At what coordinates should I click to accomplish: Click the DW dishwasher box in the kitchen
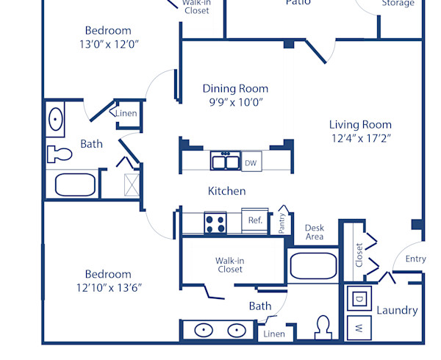(x=251, y=163)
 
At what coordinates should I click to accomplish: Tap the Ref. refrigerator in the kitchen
(x=255, y=220)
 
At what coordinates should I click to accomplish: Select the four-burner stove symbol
(x=216, y=223)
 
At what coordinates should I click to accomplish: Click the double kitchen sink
(x=224, y=162)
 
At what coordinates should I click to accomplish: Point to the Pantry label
(x=282, y=223)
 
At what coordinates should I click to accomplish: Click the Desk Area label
(x=315, y=232)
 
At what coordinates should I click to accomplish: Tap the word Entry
(x=415, y=259)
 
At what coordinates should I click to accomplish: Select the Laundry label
(x=397, y=311)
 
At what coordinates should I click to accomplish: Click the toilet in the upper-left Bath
(x=58, y=155)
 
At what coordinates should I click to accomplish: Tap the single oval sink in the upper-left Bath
(x=56, y=119)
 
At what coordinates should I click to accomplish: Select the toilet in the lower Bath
(x=323, y=328)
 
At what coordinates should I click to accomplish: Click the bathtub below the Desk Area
(x=313, y=266)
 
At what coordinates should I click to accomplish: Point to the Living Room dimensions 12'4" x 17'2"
(x=360, y=138)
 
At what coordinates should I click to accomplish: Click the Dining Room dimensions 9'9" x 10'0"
(x=235, y=103)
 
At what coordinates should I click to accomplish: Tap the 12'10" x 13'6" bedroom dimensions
(x=108, y=287)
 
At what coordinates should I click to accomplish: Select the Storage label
(x=397, y=4)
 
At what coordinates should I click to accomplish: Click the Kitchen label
(x=227, y=191)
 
